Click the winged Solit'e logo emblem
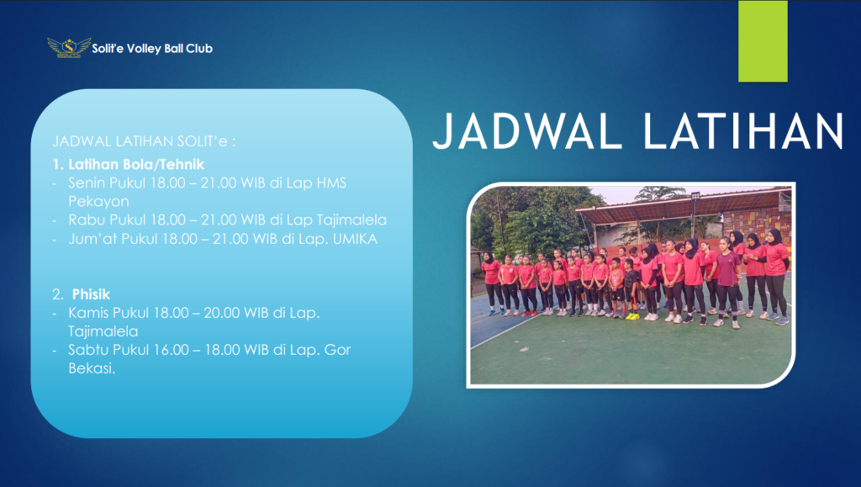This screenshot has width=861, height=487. [x=69, y=48]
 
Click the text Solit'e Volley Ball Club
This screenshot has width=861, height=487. [x=152, y=48]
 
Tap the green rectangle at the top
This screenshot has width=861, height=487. [x=763, y=41]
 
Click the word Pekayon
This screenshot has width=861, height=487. [x=99, y=202]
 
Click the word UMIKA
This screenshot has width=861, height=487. [x=356, y=239]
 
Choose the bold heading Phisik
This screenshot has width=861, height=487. [x=91, y=294]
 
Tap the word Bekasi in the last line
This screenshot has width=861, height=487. [x=92, y=368]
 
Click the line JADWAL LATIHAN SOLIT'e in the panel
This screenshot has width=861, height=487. [x=144, y=141]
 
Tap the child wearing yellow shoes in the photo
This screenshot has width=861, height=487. [x=631, y=288]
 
